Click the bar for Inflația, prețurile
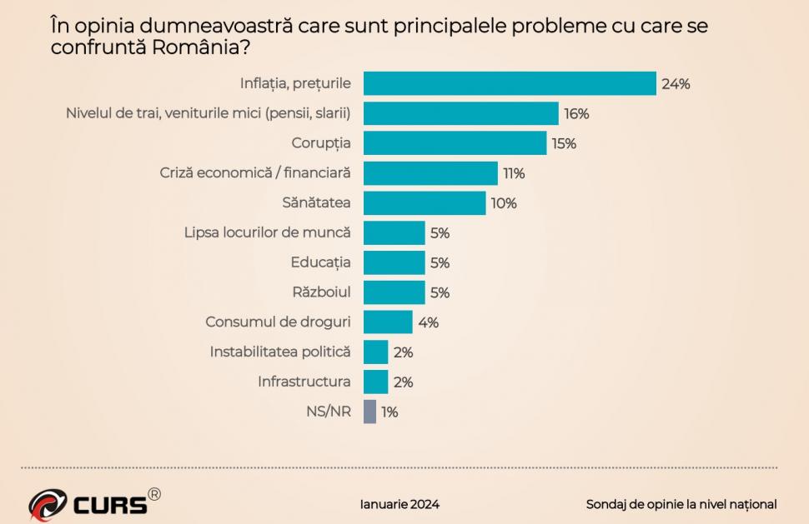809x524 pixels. tap(510, 83)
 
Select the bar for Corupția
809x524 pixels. tap(455, 143)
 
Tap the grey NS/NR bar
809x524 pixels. tap(369, 412)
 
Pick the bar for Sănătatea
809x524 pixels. tap(425, 203)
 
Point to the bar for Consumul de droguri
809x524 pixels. tap(388, 322)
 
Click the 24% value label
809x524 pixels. tap(676, 84)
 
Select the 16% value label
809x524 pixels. tap(576, 113)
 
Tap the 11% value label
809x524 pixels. tap(513, 173)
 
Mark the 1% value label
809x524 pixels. tap(389, 412)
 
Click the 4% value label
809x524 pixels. tap(428, 322)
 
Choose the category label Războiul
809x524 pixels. tap(321, 292)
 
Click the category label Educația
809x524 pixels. tap(320, 262)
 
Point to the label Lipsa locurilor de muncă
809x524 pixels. tap(267, 232)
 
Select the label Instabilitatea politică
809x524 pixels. tap(279, 352)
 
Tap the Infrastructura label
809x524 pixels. tap(304, 382)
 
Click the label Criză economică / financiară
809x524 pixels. tap(254, 173)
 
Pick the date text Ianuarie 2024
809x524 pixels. tap(399, 504)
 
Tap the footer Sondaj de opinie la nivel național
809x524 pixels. tap(681, 504)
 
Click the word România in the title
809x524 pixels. tap(196, 47)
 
